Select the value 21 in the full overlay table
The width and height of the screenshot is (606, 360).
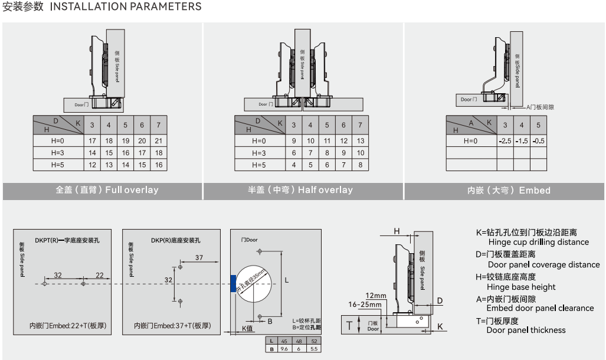[159, 140]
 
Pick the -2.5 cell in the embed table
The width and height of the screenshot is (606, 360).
[505, 141]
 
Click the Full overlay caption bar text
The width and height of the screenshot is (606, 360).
[107, 190]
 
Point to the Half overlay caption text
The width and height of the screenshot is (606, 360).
[300, 190]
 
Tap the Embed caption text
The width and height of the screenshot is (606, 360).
[509, 191]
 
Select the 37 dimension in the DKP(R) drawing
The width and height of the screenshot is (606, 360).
[199, 258]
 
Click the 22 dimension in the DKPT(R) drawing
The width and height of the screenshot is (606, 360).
[99, 275]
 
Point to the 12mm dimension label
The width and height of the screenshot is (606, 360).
[375, 295]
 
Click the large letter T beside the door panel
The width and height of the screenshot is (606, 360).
[349, 325]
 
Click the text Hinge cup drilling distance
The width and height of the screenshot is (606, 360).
[538, 242]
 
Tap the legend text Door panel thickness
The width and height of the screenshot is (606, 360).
[526, 330]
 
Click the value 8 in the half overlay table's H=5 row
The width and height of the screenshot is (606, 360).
[360, 165]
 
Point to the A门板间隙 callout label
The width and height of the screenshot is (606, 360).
[540, 107]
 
